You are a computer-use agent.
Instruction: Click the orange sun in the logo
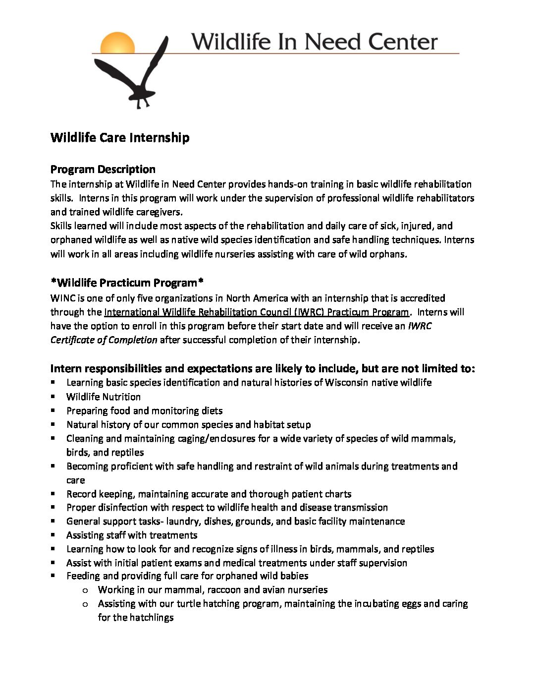pos(117,43)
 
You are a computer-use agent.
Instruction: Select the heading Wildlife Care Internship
pos(120,137)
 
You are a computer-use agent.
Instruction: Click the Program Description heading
pos(103,169)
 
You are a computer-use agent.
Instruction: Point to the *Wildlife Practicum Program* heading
pos(127,283)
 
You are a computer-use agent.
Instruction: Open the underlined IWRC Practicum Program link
pos(257,312)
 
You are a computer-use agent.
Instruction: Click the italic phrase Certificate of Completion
pos(104,340)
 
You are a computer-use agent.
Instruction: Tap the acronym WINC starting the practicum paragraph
pos(62,298)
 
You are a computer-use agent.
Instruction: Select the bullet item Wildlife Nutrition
pos(103,397)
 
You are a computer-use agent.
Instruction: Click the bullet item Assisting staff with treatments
pos(132,535)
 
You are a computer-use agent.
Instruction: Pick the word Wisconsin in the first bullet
pos(346,383)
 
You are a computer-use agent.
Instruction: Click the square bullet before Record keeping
pos(53,494)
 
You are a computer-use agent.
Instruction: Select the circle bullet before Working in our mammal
pos(85,590)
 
